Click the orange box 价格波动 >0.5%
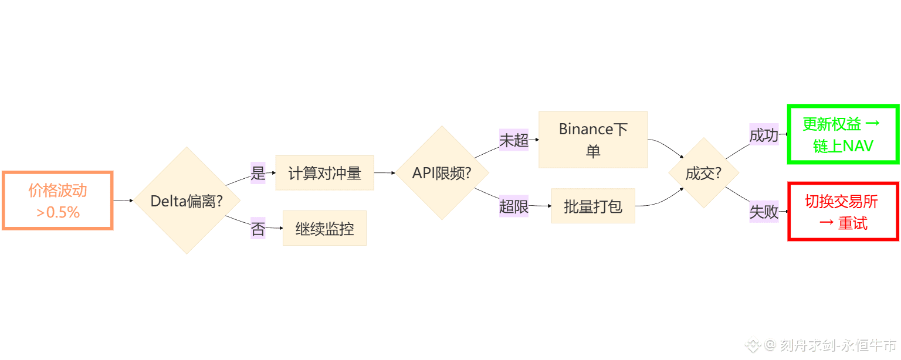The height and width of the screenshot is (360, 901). [x=57, y=201]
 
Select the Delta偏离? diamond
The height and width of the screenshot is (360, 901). [x=187, y=201]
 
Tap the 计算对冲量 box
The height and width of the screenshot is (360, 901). [x=324, y=173]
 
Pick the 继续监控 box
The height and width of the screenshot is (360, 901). [x=324, y=228]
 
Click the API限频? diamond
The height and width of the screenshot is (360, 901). [x=442, y=173]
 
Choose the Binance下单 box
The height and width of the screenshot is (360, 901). [x=592, y=140]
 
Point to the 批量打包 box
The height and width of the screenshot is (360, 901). [x=592, y=206]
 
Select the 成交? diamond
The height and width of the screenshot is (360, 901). [x=703, y=173]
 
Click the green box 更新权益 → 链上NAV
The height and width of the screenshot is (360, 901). [x=843, y=134]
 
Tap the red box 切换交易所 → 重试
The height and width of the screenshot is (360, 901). [x=843, y=212]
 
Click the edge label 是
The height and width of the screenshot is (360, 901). [x=258, y=173]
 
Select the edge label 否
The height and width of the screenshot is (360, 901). [x=258, y=228]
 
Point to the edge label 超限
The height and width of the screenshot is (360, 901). [x=514, y=206]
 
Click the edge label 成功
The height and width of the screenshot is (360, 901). [x=764, y=135]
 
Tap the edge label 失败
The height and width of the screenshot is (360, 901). [x=764, y=212]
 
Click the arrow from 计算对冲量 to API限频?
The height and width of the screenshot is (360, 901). [x=384, y=173]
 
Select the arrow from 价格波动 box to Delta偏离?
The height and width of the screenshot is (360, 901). [x=123, y=201]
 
